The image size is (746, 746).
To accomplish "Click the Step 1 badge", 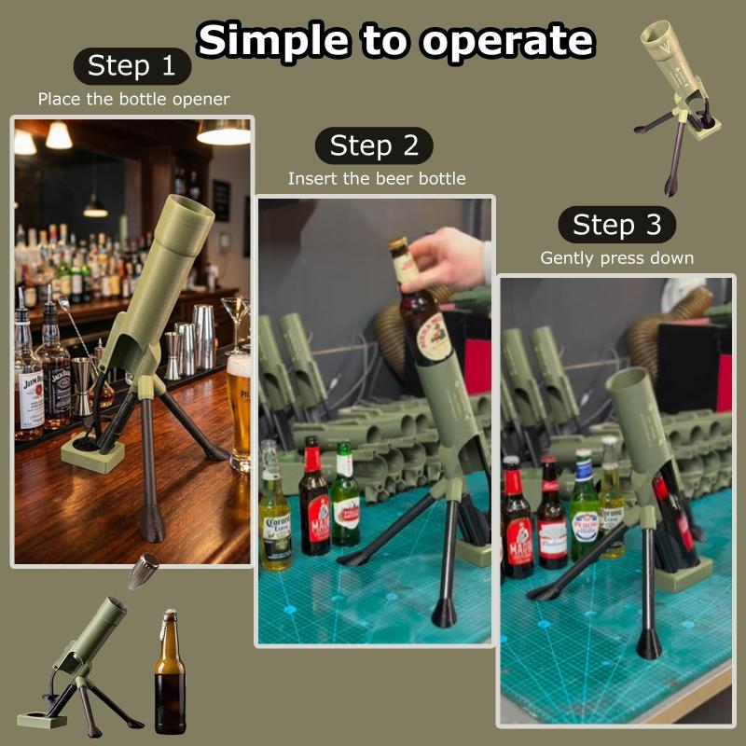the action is (132, 65).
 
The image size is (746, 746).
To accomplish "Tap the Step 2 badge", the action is (374, 145).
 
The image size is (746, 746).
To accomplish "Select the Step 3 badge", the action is (617, 224).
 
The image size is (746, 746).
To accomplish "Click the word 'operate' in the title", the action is (508, 41).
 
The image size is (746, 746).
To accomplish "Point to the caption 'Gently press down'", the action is (617, 258).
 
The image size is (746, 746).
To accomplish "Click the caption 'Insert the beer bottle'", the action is (377, 179).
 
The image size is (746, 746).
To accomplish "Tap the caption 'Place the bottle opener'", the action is (133, 100).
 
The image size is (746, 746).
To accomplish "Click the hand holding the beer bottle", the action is (448, 260).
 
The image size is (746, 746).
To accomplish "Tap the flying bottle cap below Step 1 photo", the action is (143, 570).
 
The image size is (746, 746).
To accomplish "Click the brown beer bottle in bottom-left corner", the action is (171, 671).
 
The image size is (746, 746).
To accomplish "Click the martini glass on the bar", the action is (236, 324).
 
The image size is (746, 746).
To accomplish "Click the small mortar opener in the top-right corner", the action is (677, 107).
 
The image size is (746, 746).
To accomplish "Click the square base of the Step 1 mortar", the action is (92, 452).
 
